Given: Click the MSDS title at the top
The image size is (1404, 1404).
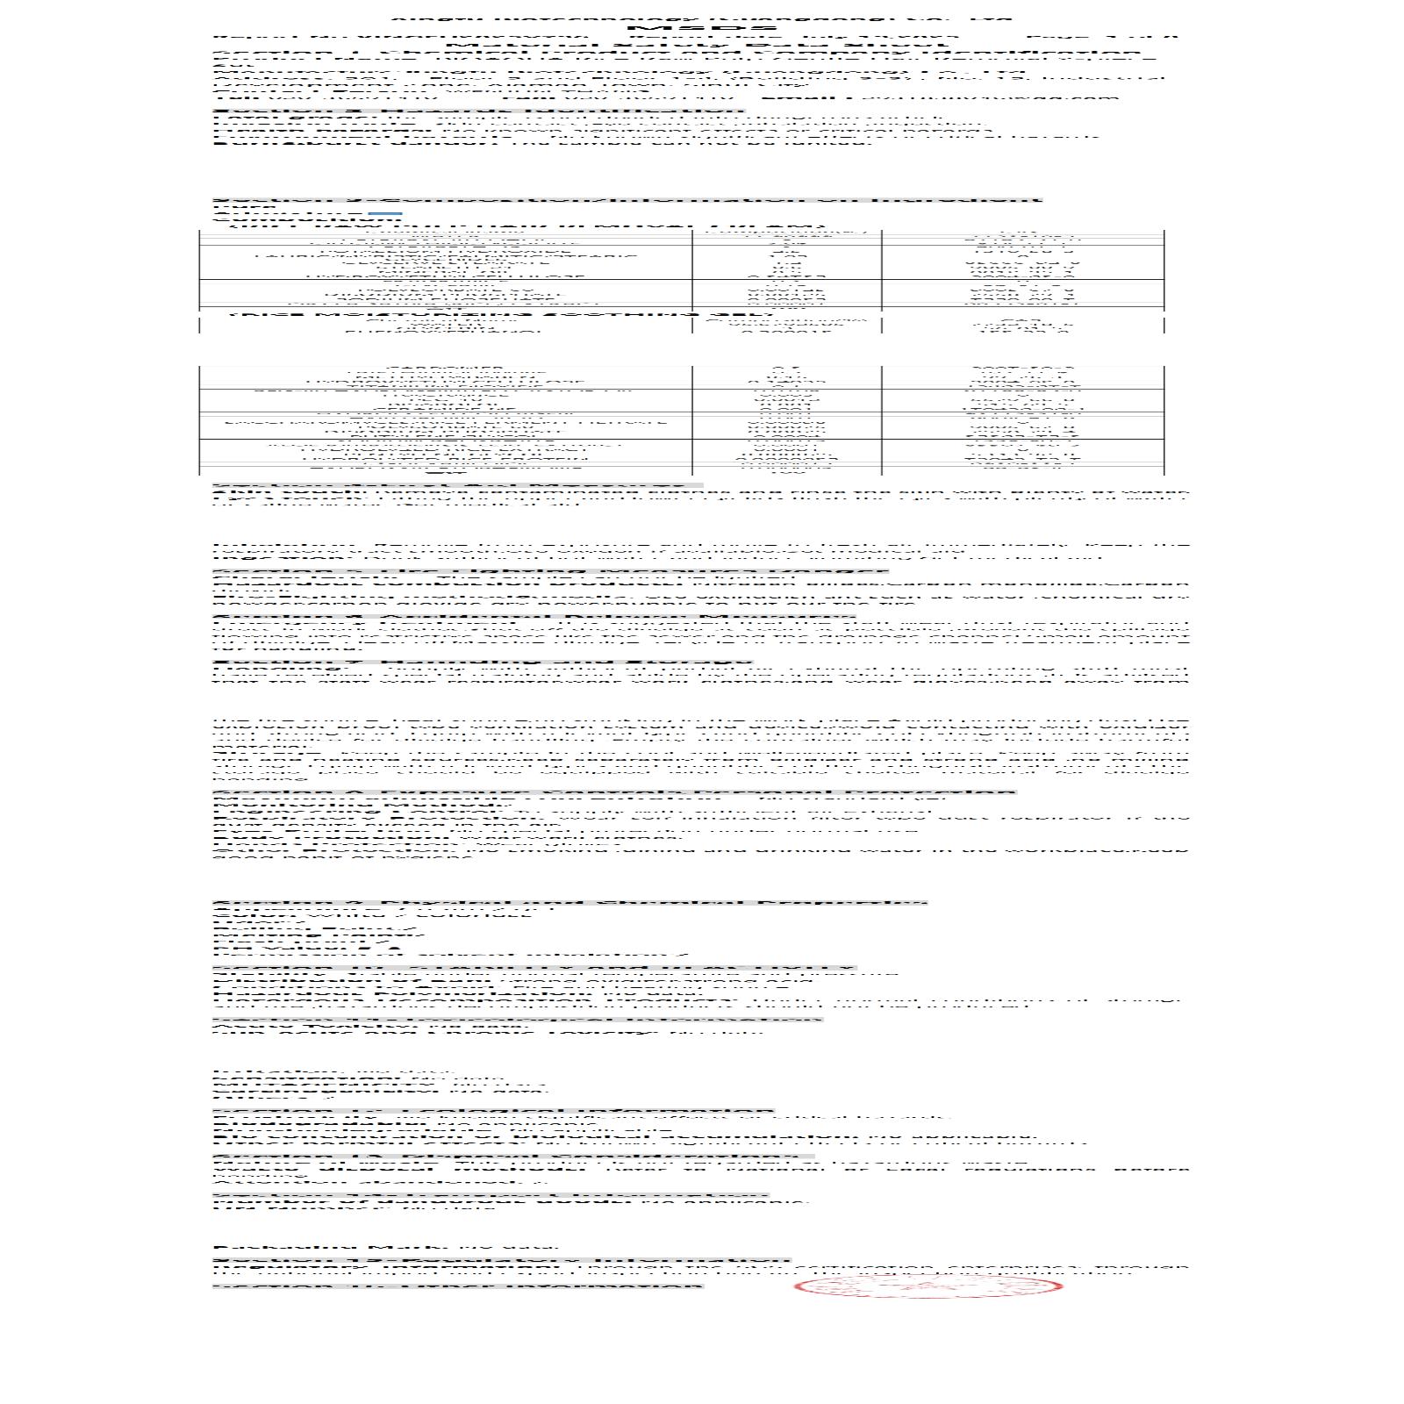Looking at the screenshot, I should pos(701,29).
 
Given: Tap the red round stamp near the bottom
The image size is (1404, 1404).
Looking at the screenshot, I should pos(928,1286).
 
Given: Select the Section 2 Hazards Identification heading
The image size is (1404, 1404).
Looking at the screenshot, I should pos(479,111).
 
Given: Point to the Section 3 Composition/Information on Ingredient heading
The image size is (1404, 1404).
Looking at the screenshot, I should pos(627,199).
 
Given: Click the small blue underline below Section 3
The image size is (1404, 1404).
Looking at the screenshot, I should pos(385,213).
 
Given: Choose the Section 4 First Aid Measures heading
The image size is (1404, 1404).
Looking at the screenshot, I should pos(456,484).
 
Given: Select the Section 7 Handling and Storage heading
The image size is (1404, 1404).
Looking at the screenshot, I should pos(483,662).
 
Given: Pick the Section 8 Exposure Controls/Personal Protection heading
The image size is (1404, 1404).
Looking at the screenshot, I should pos(614,793).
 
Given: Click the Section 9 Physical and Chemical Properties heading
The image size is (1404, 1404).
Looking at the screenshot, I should pos(569,902).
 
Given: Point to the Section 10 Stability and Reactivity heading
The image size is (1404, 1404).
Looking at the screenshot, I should pos(534,968).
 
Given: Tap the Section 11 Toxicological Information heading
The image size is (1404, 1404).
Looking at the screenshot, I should pos(518,1019).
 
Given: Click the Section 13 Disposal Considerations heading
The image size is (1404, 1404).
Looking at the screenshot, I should pos(513,1157).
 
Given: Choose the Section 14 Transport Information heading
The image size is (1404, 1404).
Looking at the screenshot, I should pos(491,1194).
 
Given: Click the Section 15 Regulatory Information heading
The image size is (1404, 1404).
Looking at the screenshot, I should pos(501,1261).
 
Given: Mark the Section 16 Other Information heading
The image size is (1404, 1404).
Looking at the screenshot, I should pos(457,1286).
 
